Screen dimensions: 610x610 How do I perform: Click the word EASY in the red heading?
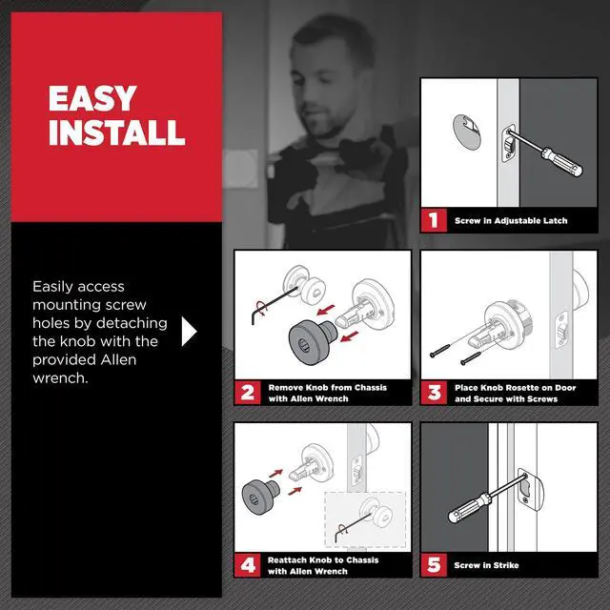[x=92, y=99]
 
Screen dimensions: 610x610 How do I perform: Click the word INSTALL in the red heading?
[x=116, y=132]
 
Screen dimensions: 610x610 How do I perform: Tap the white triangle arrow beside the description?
[x=189, y=331]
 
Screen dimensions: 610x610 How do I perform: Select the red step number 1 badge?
[x=434, y=220]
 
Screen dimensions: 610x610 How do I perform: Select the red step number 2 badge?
[x=248, y=392]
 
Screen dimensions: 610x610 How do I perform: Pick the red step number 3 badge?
[x=434, y=392]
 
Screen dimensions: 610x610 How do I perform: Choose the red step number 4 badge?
[x=248, y=564]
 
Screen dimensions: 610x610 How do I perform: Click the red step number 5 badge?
[x=434, y=564]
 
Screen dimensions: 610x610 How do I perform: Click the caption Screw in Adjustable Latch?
[x=511, y=220]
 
